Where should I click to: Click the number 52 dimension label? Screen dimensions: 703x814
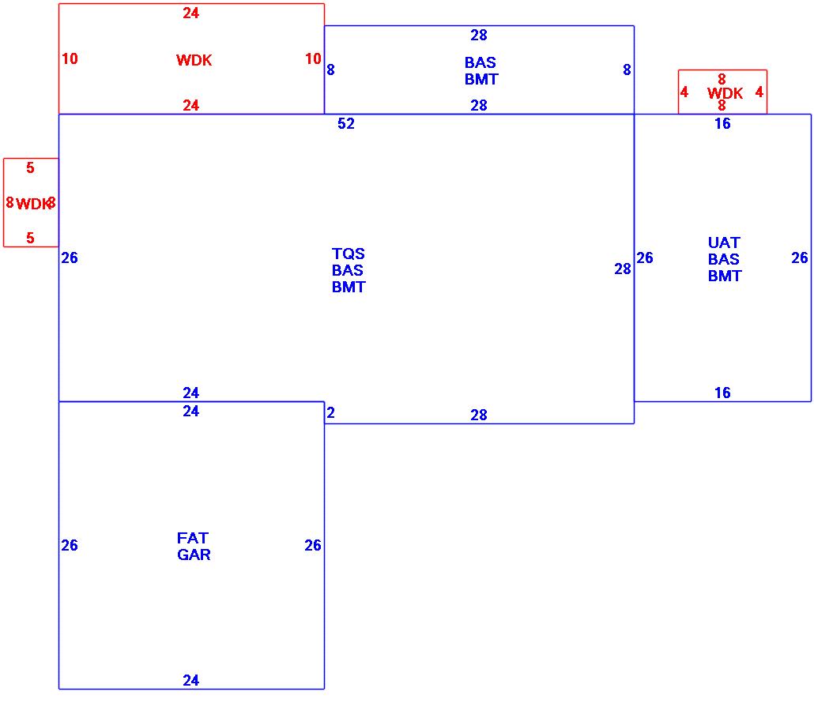click(x=346, y=124)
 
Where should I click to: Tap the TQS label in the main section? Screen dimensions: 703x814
click(x=349, y=254)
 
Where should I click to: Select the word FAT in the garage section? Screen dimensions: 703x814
click(x=193, y=538)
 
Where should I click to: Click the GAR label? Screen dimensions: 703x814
click(x=194, y=555)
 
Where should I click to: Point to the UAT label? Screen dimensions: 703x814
click(x=724, y=242)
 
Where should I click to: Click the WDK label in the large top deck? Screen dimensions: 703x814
click(x=194, y=61)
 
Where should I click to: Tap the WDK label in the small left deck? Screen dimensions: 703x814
click(x=32, y=204)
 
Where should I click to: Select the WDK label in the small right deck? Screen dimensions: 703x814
click(x=725, y=94)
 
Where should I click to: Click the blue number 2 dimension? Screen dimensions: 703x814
click(x=330, y=412)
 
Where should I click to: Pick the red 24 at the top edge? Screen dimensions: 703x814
click(x=191, y=13)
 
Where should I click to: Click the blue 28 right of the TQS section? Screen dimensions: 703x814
click(x=623, y=269)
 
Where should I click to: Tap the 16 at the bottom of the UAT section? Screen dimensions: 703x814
click(x=722, y=393)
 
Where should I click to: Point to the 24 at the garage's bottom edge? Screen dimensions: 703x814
click(x=191, y=680)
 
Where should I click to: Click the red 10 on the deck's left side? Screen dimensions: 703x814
click(x=70, y=58)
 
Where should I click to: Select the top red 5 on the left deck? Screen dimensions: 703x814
click(x=30, y=167)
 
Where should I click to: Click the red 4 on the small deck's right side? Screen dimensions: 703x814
click(x=759, y=92)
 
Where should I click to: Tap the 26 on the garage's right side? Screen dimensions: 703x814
click(x=313, y=545)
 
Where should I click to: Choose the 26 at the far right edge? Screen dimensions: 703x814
click(x=800, y=258)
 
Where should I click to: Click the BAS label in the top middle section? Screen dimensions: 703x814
click(x=480, y=62)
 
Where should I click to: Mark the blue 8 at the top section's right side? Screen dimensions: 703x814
click(x=627, y=70)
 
